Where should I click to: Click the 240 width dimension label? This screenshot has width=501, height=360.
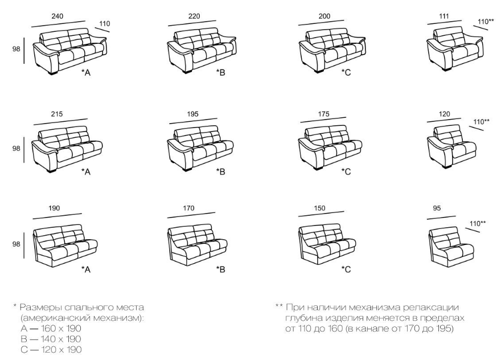click(58, 17)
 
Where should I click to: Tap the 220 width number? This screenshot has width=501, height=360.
click(194, 17)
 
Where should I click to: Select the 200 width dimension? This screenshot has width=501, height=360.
click(325, 17)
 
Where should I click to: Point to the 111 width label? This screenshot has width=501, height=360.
click(444, 17)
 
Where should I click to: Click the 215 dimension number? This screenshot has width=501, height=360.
click(57, 114)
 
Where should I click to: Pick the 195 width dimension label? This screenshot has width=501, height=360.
click(192, 114)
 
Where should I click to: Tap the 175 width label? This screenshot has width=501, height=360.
click(324, 114)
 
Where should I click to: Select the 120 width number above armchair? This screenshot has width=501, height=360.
click(445, 114)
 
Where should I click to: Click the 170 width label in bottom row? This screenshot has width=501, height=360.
click(188, 208)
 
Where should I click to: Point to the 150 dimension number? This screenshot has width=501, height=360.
click(319, 208)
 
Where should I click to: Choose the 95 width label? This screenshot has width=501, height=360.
click(437, 208)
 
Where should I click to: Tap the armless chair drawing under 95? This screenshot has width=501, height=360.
click(451, 247)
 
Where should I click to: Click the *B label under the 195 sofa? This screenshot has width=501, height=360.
click(220, 171)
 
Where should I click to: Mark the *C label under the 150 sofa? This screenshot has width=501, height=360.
click(346, 269)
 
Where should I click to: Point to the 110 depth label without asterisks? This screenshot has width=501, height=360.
click(105, 24)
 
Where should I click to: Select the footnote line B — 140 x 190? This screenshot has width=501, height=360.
click(51, 339)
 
